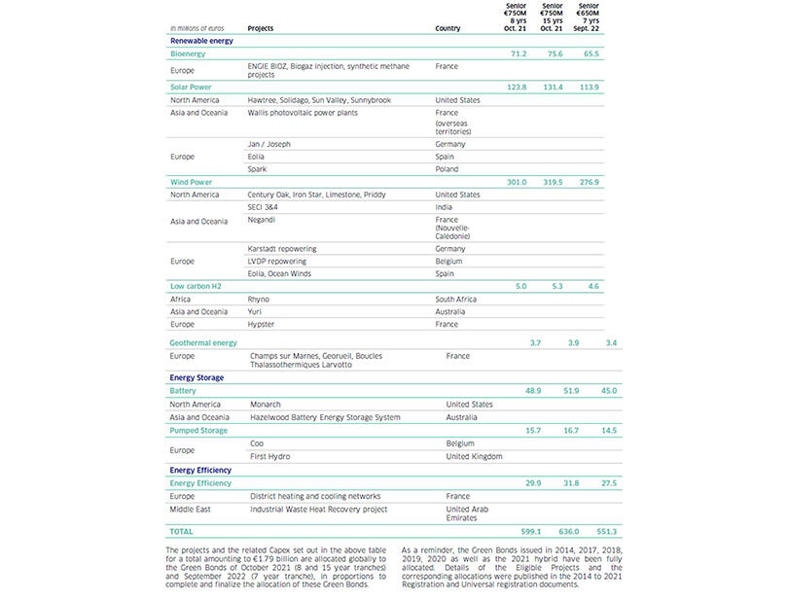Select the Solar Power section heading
[x=192, y=88]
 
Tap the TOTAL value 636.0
[x=553, y=531]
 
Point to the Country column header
[x=448, y=28]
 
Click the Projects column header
[x=261, y=28]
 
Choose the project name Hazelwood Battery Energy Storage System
[x=325, y=417]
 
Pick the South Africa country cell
[x=455, y=300]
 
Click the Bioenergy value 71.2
[x=518, y=53]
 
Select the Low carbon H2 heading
[x=197, y=287]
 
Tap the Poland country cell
[x=447, y=168]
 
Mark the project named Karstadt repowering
[x=282, y=249]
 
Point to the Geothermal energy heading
[x=203, y=343]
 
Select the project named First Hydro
[x=269, y=455]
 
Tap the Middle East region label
[x=193, y=509]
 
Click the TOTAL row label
[x=183, y=532]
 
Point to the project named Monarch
[x=266, y=404]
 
